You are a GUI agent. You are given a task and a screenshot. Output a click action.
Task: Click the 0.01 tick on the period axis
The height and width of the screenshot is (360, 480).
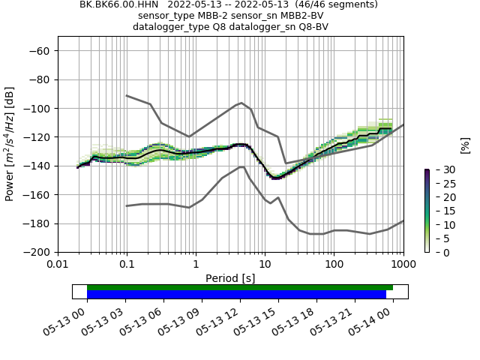(58, 265)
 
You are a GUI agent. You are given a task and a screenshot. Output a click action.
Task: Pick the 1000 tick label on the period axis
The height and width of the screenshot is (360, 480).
(403, 265)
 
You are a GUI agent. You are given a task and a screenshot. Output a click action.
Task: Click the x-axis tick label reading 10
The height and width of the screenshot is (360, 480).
(265, 265)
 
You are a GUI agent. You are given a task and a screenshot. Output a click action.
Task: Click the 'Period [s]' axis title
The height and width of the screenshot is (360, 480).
(230, 278)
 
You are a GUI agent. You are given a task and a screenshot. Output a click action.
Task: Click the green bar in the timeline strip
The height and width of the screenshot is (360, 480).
(240, 287)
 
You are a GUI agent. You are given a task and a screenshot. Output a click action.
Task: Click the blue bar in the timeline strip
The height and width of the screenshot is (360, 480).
(236, 295)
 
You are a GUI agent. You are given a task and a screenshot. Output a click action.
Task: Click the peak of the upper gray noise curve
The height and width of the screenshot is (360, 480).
(241, 103)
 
